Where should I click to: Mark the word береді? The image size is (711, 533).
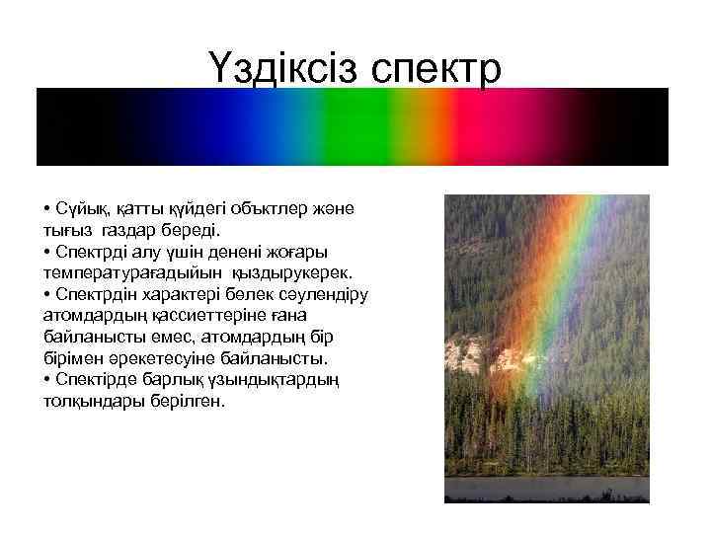206,229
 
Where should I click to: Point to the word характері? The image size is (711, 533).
172,293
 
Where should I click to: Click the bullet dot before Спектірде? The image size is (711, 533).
46,380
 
